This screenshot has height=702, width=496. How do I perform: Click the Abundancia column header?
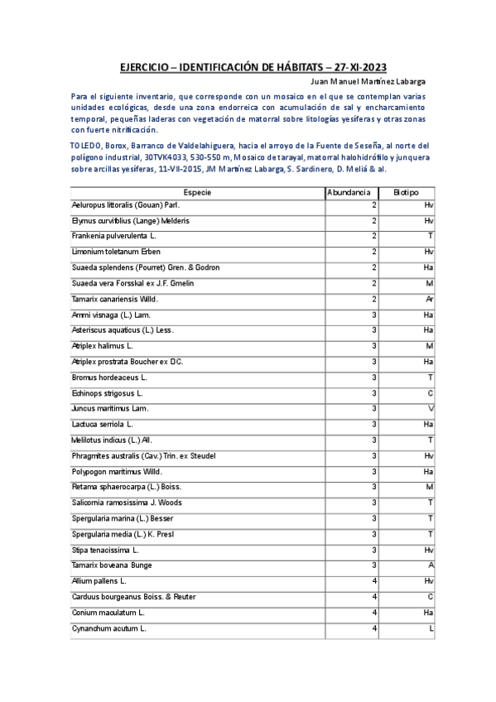click(x=349, y=191)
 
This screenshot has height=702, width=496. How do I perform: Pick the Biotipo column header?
click(x=407, y=191)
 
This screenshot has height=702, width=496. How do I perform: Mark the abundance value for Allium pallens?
click(x=374, y=582)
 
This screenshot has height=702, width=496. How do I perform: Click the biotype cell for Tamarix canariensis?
click(x=430, y=299)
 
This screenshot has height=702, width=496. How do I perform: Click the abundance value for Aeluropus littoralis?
click(x=374, y=204)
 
